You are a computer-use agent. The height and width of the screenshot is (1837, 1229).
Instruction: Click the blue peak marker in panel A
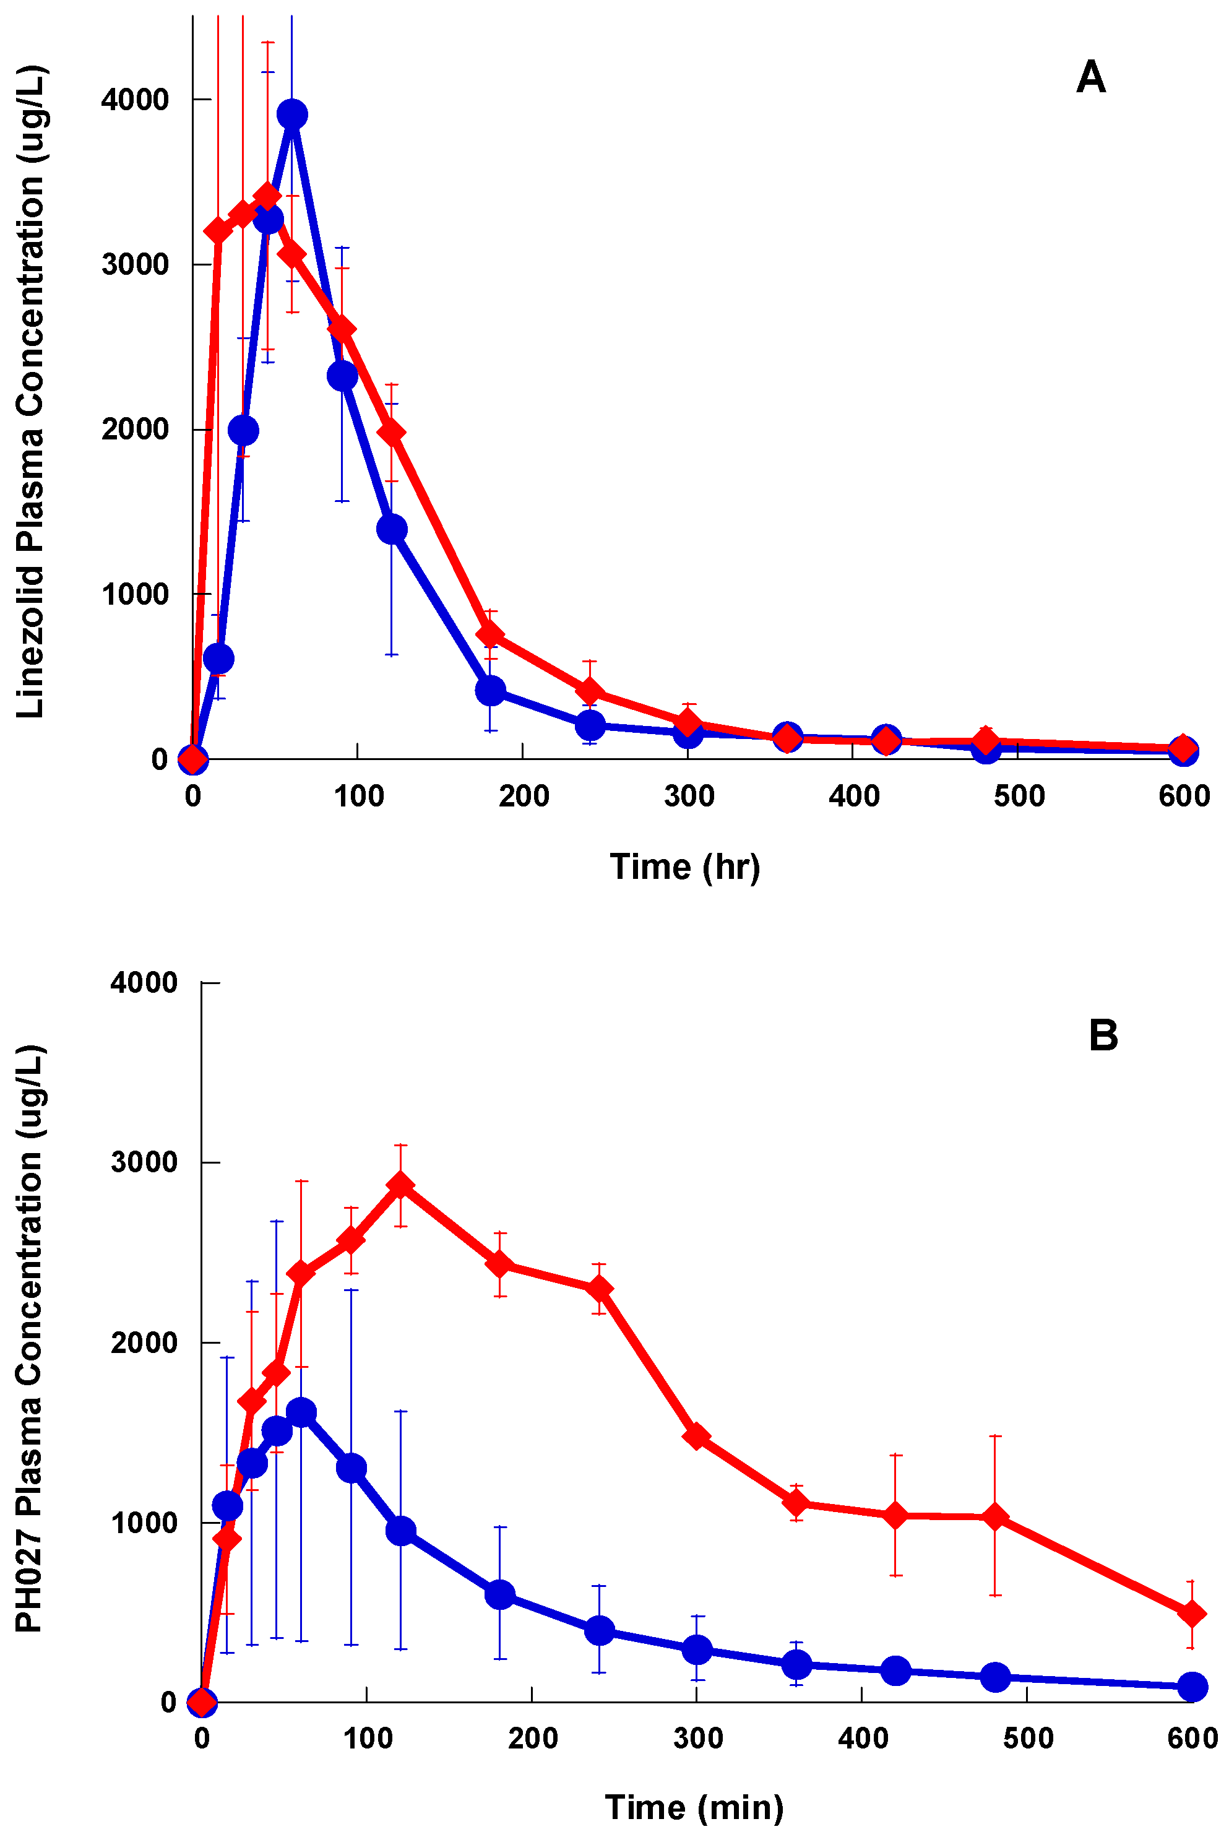click(x=292, y=115)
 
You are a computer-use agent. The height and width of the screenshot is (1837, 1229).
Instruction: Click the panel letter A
click(x=1090, y=77)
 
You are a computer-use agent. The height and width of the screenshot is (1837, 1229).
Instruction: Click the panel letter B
click(x=1103, y=1035)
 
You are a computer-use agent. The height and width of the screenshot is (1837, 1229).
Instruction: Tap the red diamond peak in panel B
click(x=400, y=1184)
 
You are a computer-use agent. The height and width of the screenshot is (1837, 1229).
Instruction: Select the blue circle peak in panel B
click(x=301, y=1412)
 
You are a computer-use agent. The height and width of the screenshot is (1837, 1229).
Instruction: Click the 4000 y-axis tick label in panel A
click(x=135, y=100)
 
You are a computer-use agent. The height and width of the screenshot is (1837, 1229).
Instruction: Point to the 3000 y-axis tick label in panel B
click(x=144, y=1162)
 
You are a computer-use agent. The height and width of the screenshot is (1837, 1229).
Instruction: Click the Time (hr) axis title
click(x=685, y=867)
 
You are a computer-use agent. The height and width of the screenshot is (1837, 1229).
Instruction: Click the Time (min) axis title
click(x=694, y=1807)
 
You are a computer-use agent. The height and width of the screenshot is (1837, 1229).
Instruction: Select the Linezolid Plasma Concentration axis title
click(x=32, y=392)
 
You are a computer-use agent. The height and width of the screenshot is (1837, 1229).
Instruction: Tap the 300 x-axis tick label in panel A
click(x=689, y=796)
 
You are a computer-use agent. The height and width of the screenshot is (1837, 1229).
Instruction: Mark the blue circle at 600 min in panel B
click(x=1192, y=1687)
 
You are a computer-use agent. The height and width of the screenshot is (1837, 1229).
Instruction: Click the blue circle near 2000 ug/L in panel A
click(x=243, y=430)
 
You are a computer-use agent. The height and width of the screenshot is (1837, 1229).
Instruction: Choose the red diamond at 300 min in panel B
click(x=696, y=1436)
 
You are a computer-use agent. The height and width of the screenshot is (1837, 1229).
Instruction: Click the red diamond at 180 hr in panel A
click(x=490, y=633)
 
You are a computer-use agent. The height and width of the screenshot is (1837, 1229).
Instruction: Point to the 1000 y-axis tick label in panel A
click(x=135, y=594)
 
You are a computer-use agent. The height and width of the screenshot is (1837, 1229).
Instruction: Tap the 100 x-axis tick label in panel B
click(x=368, y=1738)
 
